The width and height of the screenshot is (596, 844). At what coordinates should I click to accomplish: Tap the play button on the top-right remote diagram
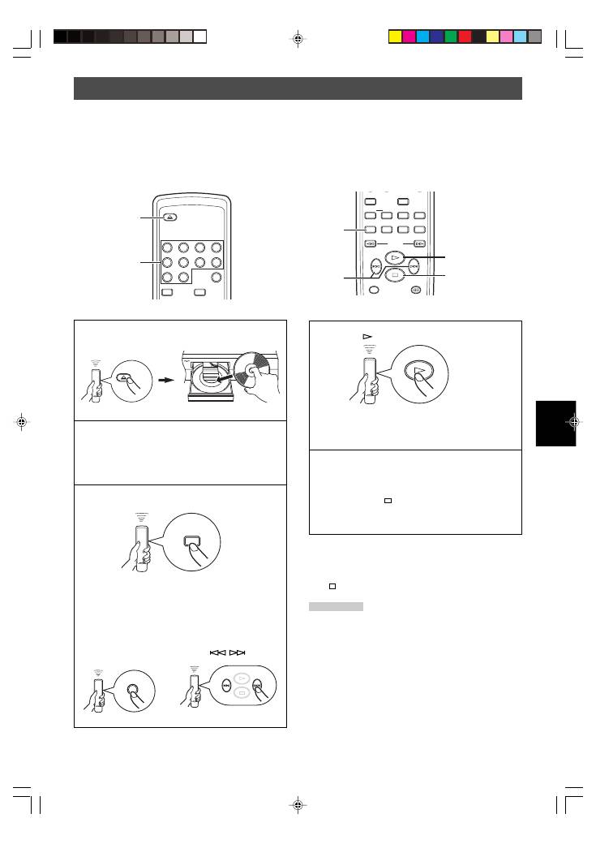click(394, 257)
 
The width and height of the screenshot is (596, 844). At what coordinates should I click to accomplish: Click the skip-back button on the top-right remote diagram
click(375, 265)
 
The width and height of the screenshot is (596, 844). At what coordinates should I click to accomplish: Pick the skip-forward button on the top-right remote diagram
click(414, 265)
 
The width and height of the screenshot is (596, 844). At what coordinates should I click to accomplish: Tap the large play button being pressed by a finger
click(418, 373)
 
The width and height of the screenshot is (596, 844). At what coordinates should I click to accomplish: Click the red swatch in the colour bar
click(465, 37)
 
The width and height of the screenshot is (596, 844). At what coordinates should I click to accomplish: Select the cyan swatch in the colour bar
click(423, 37)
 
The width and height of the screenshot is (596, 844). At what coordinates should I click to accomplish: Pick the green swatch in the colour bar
click(451, 37)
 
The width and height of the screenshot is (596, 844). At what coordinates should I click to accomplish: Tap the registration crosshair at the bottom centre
click(298, 805)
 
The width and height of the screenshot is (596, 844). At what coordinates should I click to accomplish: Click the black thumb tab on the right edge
click(555, 423)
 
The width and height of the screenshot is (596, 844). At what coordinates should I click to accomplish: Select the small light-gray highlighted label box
click(336, 606)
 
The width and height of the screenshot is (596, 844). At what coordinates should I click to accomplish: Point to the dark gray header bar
click(298, 88)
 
